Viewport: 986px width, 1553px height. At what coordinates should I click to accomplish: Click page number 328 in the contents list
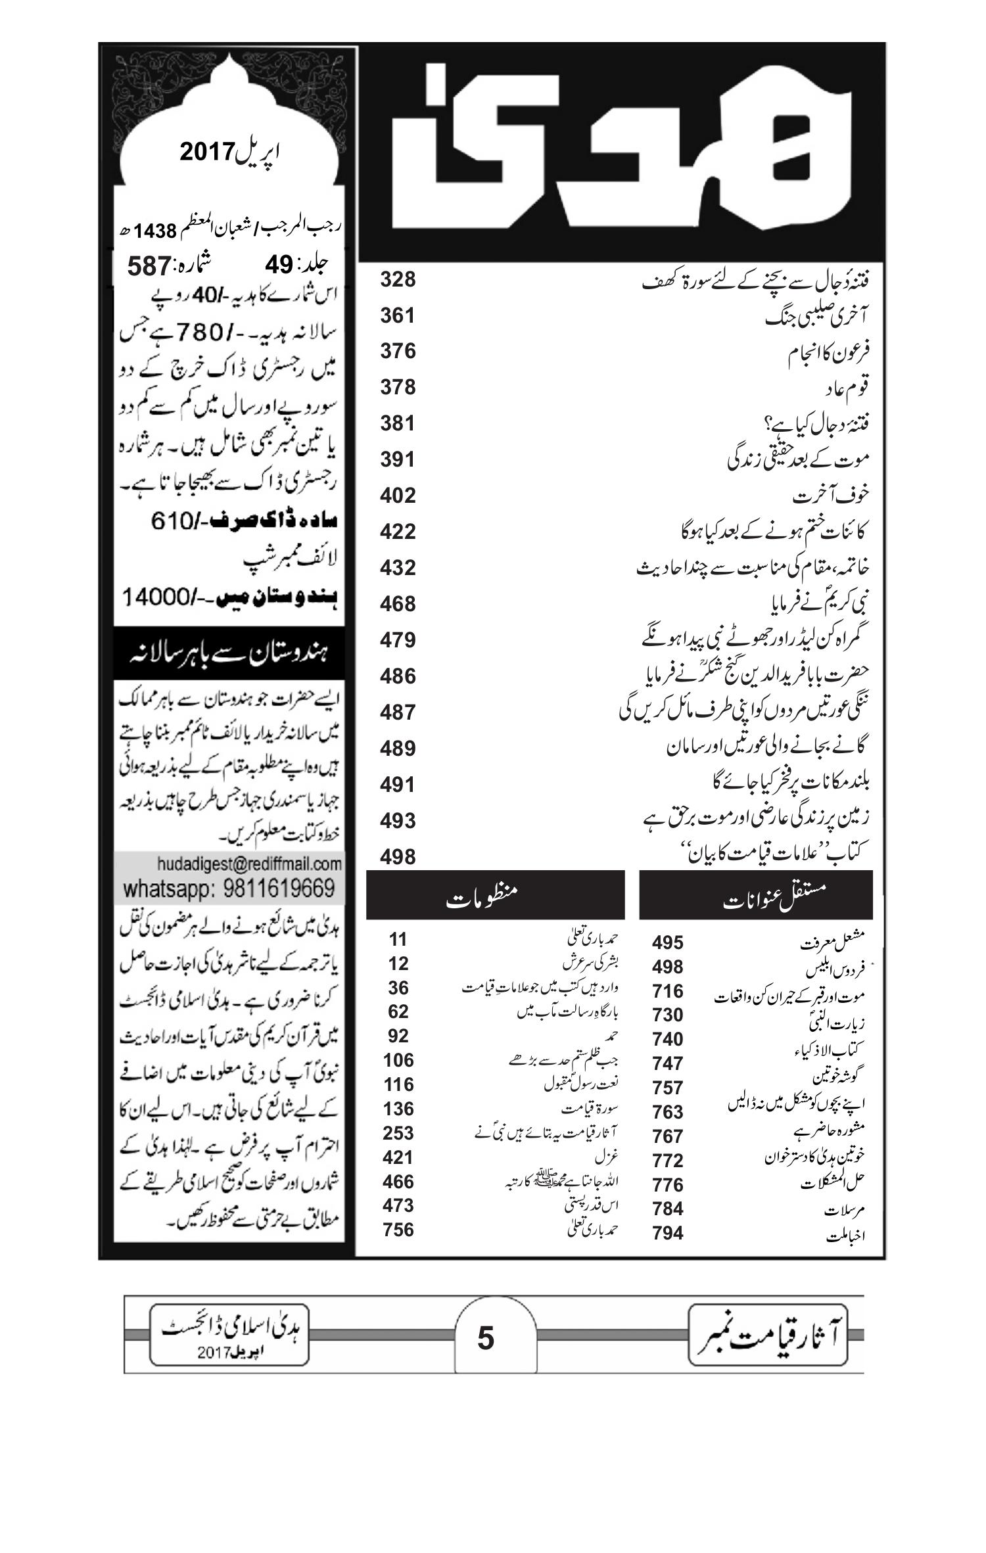(x=398, y=279)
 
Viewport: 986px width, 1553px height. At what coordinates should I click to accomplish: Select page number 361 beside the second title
(x=398, y=315)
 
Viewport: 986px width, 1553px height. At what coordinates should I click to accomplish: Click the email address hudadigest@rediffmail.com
(x=250, y=863)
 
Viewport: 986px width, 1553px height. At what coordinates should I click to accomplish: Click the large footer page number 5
(x=485, y=1338)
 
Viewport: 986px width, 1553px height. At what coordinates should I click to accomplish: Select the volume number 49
(x=278, y=265)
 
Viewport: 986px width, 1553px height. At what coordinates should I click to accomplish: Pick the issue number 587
(x=149, y=267)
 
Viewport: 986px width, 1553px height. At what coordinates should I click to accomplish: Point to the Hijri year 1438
(x=156, y=231)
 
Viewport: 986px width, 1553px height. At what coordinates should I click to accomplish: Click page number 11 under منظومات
(x=398, y=940)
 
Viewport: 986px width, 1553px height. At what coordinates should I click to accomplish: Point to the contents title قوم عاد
(x=847, y=388)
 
